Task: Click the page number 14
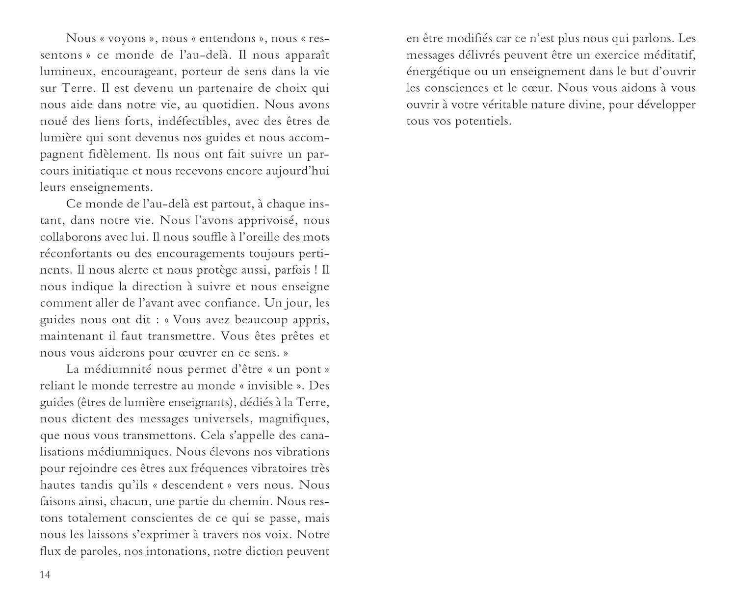click(45, 575)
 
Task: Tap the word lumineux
click(68, 72)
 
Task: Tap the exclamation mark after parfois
click(315, 270)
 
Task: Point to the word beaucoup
click(260, 320)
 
